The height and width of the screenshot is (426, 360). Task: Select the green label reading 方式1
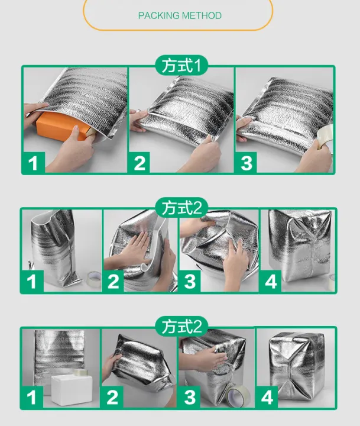pos(181,65)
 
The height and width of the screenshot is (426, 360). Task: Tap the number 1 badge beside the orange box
pos(34,163)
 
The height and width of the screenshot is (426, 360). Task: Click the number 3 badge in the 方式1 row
pos(247,163)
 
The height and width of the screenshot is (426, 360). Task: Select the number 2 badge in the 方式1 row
pos(140,163)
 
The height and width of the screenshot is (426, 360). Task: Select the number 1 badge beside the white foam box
pos(31,396)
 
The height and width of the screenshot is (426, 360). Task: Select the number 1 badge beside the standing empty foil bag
pos(32,281)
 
